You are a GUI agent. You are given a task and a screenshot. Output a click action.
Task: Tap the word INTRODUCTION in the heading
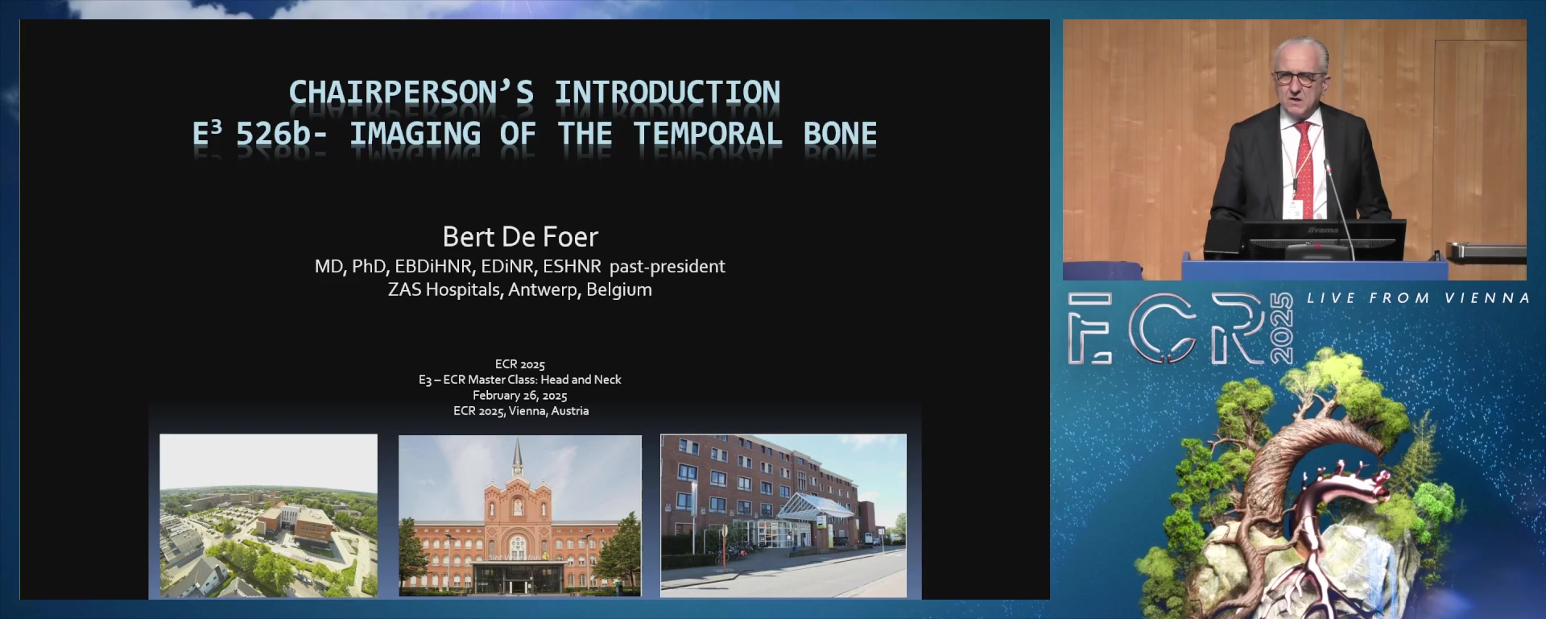[668, 93]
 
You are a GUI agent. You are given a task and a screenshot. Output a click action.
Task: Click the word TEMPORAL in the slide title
[708, 134]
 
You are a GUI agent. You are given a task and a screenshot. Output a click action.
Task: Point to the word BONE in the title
[840, 134]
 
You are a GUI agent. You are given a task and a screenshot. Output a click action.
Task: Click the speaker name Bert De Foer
[520, 237]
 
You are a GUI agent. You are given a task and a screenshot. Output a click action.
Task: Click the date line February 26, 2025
[520, 396]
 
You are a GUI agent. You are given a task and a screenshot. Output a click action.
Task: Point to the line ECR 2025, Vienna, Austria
[521, 411]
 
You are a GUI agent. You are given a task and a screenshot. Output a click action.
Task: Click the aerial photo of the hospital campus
[269, 516]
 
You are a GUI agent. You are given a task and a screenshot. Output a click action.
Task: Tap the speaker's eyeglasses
[1297, 78]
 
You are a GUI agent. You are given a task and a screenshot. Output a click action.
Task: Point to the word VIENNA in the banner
[1487, 298]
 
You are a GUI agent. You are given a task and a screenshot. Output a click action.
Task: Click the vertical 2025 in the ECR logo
[1281, 328]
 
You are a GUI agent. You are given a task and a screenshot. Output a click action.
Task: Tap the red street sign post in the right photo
[724, 545]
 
